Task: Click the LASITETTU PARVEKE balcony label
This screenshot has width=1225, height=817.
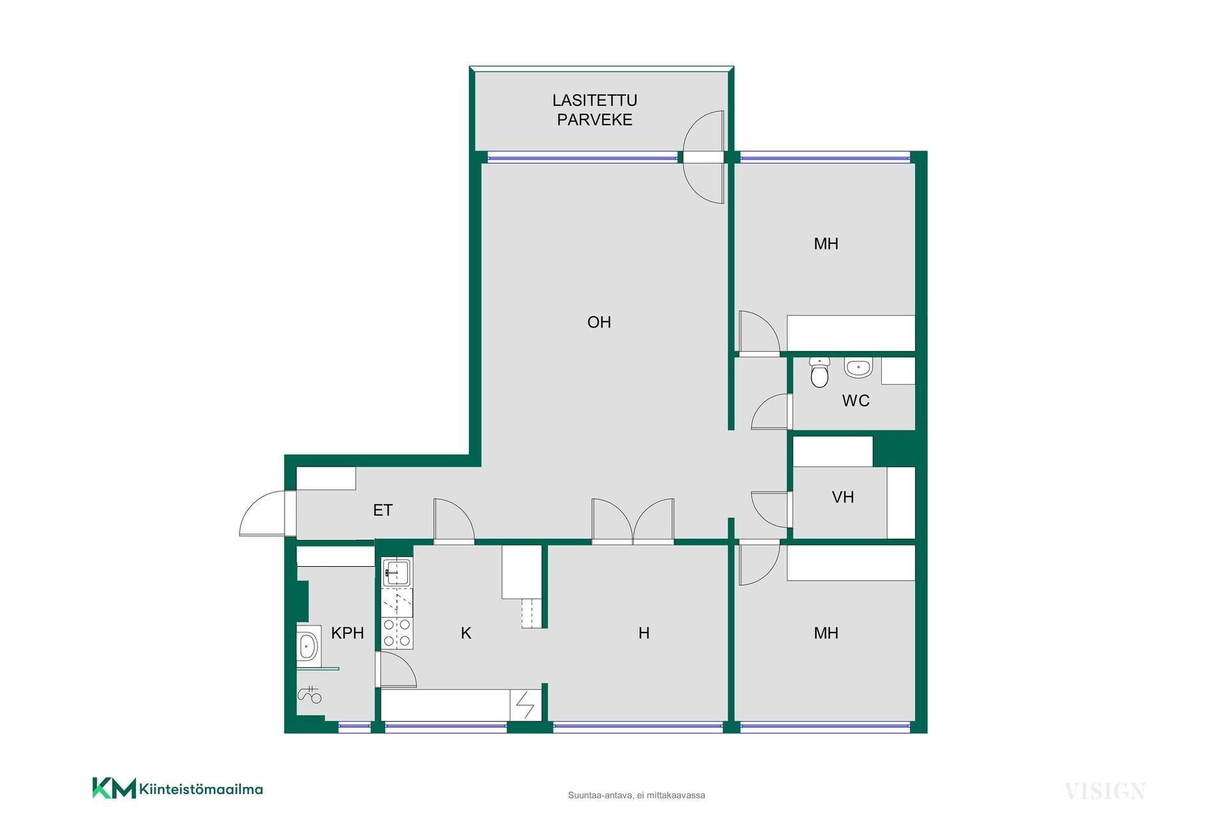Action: [595, 110]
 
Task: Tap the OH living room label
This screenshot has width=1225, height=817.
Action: [599, 322]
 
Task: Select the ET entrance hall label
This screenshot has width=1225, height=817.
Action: [383, 510]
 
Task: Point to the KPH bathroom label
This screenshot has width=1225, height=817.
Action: [348, 633]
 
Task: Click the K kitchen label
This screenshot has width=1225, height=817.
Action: [466, 633]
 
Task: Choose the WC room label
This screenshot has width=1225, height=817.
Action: [856, 400]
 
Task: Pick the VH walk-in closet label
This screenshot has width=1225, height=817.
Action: [843, 497]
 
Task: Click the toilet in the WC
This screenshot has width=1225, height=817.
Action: [819, 372]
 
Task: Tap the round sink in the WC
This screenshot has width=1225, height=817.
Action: [858, 367]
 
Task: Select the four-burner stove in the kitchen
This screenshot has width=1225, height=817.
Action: [397, 633]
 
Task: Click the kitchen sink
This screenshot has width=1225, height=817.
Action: [397, 572]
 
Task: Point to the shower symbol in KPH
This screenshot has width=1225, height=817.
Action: [310, 694]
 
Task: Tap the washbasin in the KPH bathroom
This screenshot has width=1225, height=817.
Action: [308, 647]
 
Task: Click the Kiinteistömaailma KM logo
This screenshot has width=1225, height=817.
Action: [177, 788]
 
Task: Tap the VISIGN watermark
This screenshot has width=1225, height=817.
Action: [1104, 791]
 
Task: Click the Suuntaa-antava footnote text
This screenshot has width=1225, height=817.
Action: [636, 795]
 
